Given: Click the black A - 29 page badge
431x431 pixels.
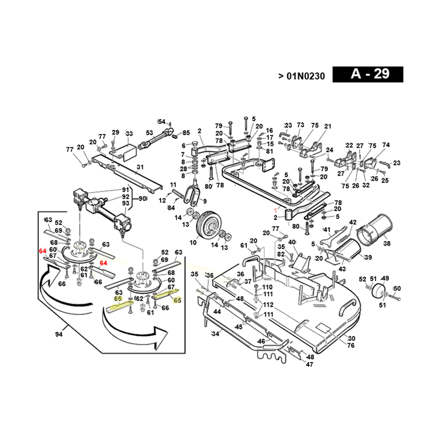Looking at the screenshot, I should pyautogui.click(x=368, y=74).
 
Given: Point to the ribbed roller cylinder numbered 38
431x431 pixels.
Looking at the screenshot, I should pyautogui.click(x=374, y=228).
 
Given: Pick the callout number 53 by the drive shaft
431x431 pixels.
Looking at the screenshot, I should pyautogui.click(x=150, y=133).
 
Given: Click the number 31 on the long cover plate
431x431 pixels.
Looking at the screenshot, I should pyautogui.click(x=140, y=167).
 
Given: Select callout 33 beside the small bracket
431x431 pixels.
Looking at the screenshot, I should pyautogui.click(x=129, y=134).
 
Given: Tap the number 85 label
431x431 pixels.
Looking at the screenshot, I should pyautogui.click(x=186, y=133).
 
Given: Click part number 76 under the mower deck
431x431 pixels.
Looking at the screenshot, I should pyautogui.click(x=351, y=345).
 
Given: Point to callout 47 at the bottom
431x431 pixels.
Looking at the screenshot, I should pyautogui.click(x=309, y=365).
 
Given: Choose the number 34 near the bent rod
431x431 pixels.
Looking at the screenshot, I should pyautogui.click(x=215, y=335).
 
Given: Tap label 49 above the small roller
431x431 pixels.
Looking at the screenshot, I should pyautogui.click(x=385, y=279).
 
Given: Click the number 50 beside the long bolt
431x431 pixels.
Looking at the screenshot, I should pyautogui.click(x=397, y=289).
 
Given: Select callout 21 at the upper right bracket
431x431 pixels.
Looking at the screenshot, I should pyautogui.click(x=328, y=126).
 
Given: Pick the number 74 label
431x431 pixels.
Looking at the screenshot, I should pyautogui.click(x=386, y=145).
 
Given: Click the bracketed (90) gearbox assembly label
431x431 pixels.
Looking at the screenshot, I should pyautogui.click(x=142, y=198).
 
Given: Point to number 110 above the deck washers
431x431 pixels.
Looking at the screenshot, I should pyautogui.click(x=268, y=287).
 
